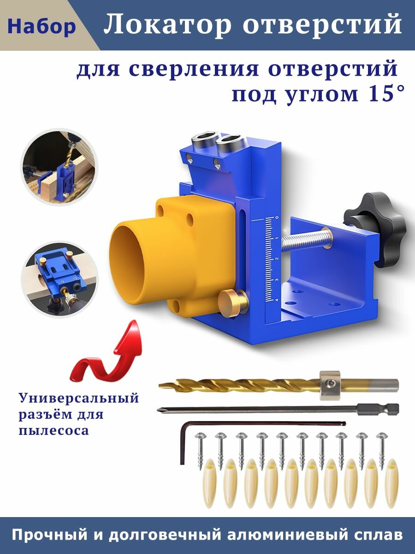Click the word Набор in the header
pos(41,27)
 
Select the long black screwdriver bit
pos(277,408)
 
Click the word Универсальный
pos(79,398)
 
